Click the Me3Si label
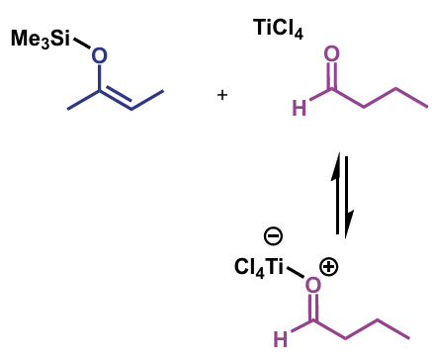41,40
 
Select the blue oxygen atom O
99,56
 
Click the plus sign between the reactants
222,95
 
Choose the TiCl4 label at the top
278,31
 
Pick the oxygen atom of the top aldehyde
331,55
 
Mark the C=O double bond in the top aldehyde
331,76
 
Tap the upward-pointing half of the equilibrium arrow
336,193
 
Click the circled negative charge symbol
274,235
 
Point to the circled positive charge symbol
329,267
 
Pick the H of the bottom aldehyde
281,339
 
